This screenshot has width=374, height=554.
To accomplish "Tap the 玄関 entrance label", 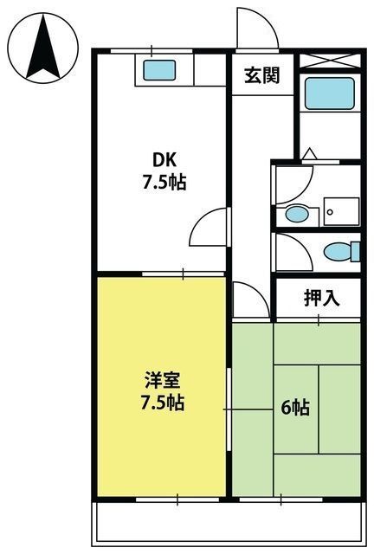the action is point(262,75).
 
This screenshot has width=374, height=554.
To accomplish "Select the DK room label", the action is point(164,161).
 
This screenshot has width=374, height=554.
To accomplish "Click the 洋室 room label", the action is point(163,380).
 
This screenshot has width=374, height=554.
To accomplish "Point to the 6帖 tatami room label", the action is point(295,408).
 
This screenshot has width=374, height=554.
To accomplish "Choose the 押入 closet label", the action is point(322,299).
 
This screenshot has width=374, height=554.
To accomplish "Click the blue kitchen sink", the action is point(159,70).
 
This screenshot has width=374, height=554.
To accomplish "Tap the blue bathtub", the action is point(330,93).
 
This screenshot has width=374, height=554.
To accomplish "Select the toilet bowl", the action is point(341,252).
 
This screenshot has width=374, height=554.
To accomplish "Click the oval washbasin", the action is point(297,215).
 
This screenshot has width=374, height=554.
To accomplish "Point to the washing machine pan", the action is point(341,212).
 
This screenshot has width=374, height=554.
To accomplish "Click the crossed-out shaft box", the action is point(330,61).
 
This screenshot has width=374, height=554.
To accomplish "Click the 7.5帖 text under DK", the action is point(164,183).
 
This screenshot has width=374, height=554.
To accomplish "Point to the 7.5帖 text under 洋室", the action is point(163,403).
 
